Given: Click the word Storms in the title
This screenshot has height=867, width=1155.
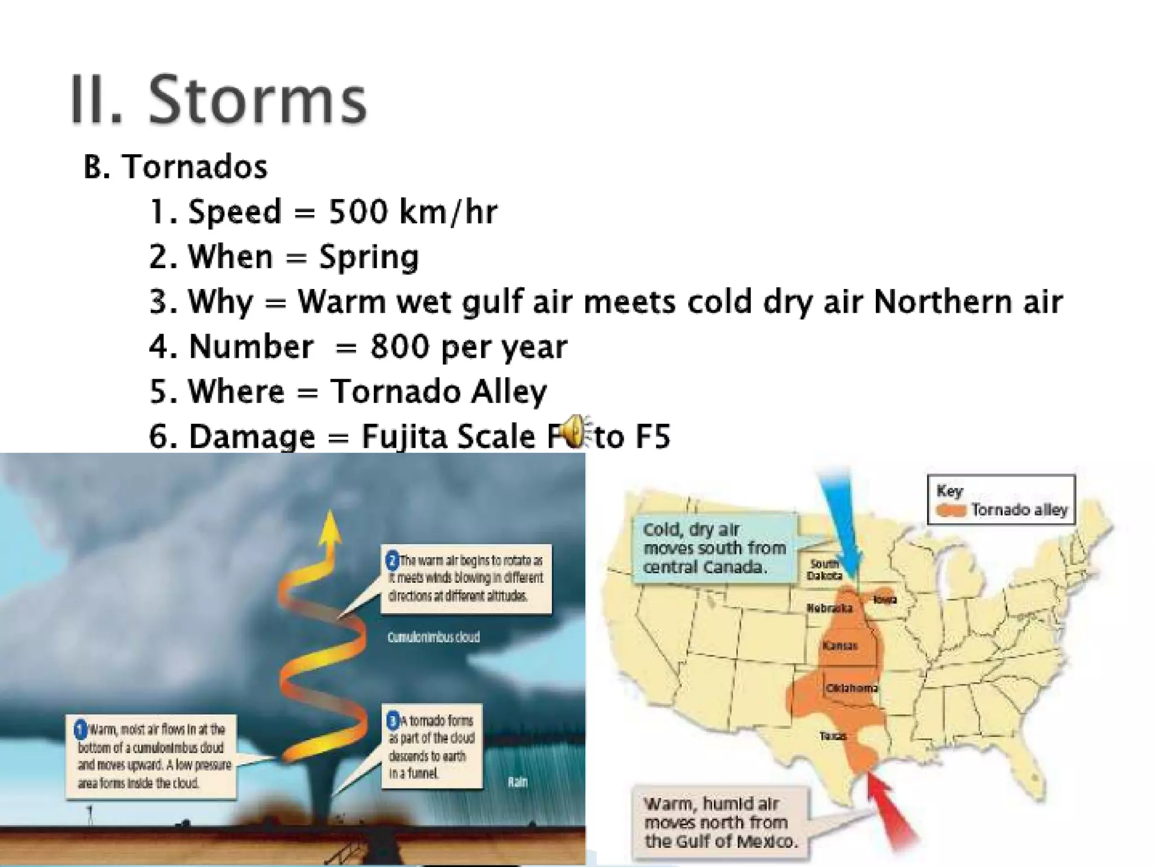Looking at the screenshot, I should pos(258,102).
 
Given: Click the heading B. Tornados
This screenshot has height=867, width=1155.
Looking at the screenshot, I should pos(175,167).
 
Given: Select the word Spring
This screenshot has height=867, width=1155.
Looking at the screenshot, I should pos(369,257).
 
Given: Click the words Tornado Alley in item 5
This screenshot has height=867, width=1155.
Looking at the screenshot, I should pos(438,391).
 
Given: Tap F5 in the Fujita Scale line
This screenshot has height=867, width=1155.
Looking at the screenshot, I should pos(652,436).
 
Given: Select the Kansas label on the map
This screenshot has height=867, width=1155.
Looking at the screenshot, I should pos(840,645).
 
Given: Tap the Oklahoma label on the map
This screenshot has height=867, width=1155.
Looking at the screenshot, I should pos(852,688).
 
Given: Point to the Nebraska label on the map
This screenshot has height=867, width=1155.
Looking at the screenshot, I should pos(829,608).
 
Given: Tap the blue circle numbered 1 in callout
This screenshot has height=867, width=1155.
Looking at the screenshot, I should pos(81,729).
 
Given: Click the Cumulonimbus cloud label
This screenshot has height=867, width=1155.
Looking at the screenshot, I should pos(433,637).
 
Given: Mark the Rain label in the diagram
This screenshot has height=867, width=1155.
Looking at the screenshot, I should pos(517,782).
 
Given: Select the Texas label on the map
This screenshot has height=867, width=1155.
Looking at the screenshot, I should pos(833,736).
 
